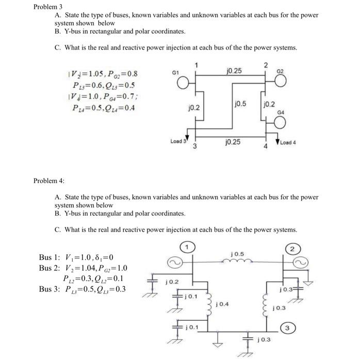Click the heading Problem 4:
pos(48,181)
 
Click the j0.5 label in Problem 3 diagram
pos(240,104)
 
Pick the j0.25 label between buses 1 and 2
pos(235,70)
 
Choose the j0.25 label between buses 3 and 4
pos(233,141)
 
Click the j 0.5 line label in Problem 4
pos(238,254)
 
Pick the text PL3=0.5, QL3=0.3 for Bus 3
pos(97,289)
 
